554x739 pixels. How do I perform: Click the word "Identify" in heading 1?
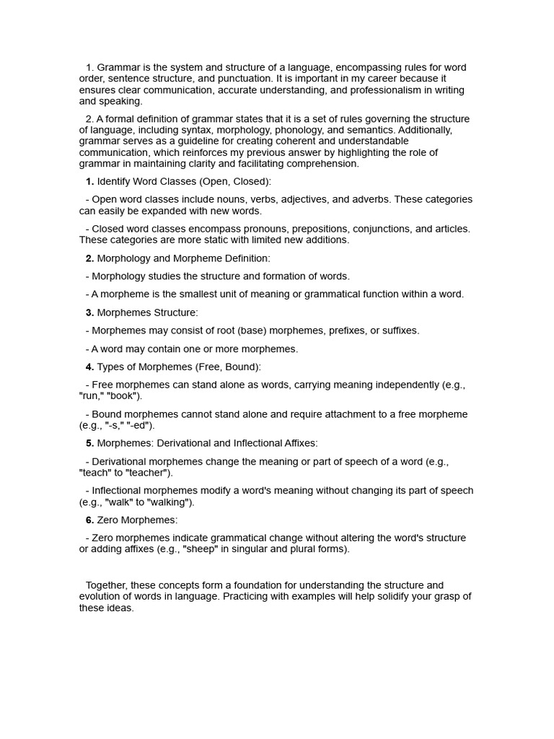coord(114,181)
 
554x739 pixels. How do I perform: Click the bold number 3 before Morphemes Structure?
coord(89,312)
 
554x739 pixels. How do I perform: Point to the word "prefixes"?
coord(348,331)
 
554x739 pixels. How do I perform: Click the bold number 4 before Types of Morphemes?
coord(89,367)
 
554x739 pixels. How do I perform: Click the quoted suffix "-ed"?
coord(143,426)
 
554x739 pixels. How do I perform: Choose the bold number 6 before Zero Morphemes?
coord(89,520)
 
